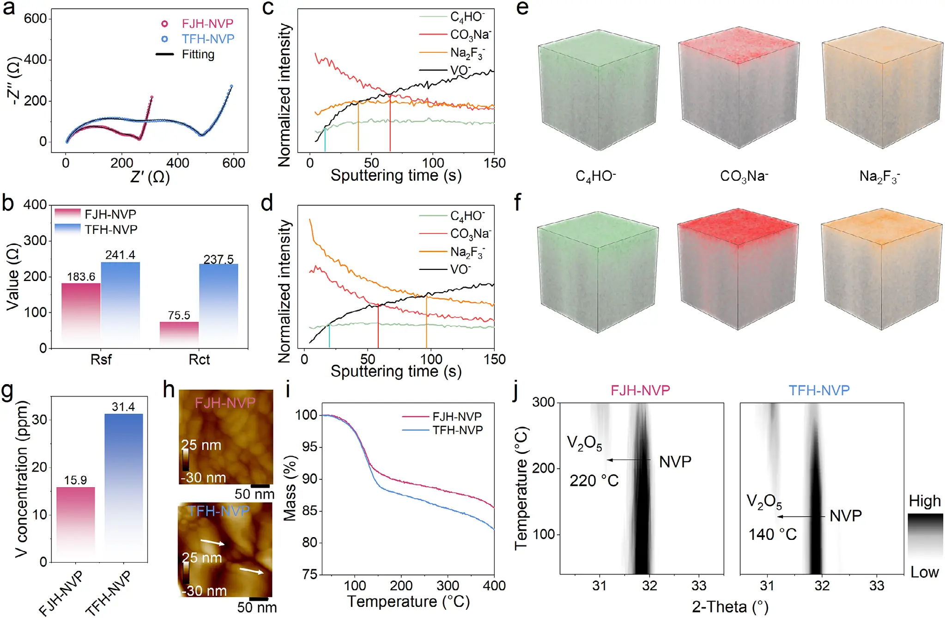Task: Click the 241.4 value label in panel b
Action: pyautogui.click(x=120, y=255)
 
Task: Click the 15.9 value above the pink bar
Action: pyautogui.click(x=75, y=480)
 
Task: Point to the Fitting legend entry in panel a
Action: pyautogui.click(x=198, y=55)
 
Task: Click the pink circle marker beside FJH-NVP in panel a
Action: pyautogui.click(x=164, y=24)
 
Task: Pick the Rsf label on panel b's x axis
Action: pyautogui.click(x=101, y=360)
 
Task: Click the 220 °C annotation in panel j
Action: pyautogui.click(x=594, y=481)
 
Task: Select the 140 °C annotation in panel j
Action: pyautogui.click(x=772, y=534)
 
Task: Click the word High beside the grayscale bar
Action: pyautogui.click(x=924, y=501)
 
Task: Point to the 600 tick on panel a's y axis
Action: pyautogui.click(x=36, y=18)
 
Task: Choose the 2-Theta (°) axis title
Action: pyautogui.click(x=730, y=606)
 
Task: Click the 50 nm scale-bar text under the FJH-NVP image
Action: pyautogui.click(x=254, y=494)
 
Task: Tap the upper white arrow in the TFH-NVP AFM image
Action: pyautogui.click(x=212, y=542)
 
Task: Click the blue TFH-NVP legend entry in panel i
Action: pyautogui.click(x=457, y=430)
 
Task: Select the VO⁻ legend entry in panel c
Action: pyautogui.click(x=460, y=70)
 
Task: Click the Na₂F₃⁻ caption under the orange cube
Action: pyautogui.click(x=879, y=176)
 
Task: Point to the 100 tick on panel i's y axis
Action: pyautogui.click(x=306, y=415)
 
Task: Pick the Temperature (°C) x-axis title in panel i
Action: pyautogui.click(x=408, y=601)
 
